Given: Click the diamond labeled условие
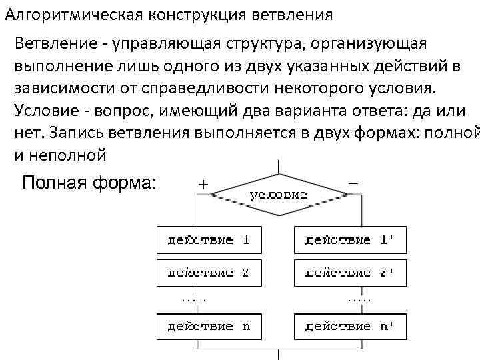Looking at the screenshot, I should [278, 195].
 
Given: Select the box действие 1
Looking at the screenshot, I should [209, 240].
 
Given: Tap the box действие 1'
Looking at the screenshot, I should [349, 240].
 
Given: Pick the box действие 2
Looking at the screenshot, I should [209, 273].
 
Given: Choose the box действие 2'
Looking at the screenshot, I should [349, 273].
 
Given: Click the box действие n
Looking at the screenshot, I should [209, 327].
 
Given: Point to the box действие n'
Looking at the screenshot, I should [349, 327].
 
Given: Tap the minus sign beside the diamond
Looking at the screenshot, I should [352, 181].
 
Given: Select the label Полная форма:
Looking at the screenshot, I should [89, 182].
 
